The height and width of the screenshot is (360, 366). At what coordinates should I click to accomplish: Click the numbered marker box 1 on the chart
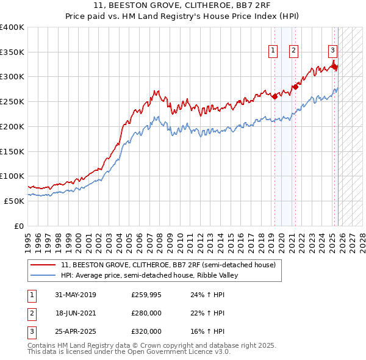[272, 51]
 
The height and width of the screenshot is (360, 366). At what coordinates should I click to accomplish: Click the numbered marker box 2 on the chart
[293, 51]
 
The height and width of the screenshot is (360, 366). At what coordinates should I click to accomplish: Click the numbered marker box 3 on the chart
[333, 51]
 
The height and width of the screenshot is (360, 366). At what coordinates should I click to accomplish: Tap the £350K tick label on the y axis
[12, 52]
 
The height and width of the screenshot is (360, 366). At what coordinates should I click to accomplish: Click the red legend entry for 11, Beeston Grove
[168, 265]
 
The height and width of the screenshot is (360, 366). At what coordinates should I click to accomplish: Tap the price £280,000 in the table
[146, 313]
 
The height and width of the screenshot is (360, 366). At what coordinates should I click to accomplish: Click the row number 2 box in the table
[31, 313]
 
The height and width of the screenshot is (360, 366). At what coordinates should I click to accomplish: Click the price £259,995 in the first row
[146, 295]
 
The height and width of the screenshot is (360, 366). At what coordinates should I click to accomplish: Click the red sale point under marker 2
[294, 87]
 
